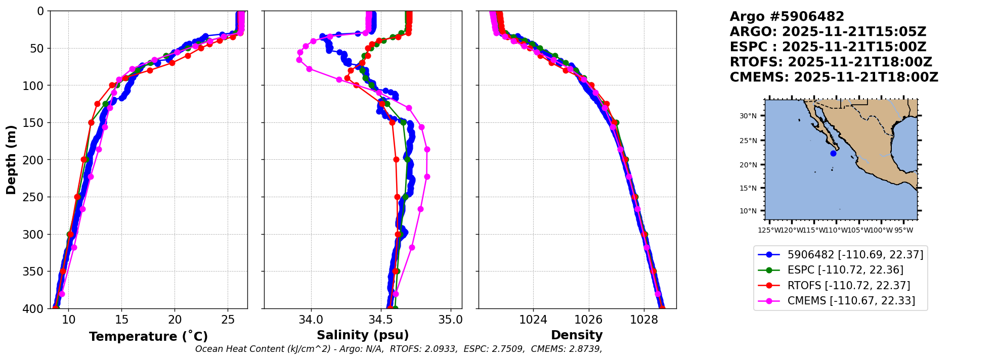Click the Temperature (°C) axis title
coord(148,337)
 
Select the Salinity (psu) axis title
coord(363,335)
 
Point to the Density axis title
coord(577,335)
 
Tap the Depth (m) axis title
coord(11,160)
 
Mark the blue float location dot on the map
coord(833,153)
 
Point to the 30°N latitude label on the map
coord(748,116)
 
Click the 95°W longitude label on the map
coord(903,231)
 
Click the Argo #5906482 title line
coord(787,17)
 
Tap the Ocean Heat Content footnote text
coord(399,349)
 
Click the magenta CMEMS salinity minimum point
coord(299,60)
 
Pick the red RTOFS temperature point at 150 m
coord(91,122)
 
